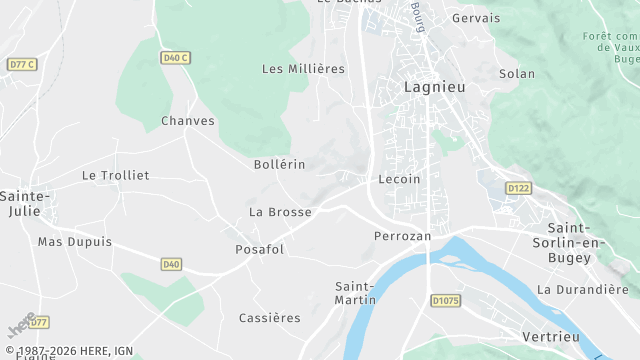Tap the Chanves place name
click(x=188, y=121)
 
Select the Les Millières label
click(x=302, y=69)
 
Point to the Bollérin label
click(x=280, y=163)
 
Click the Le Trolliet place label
click(x=115, y=175)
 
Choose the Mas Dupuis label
click(x=75, y=242)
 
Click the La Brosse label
click(x=280, y=212)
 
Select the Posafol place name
click(x=259, y=249)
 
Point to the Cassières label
click(x=269, y=318)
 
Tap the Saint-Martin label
click(x=355, y=293)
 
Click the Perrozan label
click(x=401, y=236)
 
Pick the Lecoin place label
click(x=400, y=179)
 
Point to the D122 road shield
click(x=518, y=187)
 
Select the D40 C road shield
click(x=175, y=58)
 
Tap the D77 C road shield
click(x=21, y=64)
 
